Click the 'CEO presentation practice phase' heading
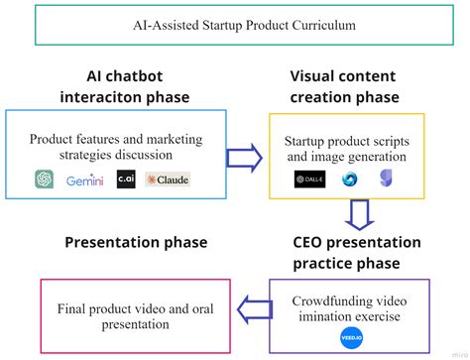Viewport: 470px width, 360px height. tap(355, 252)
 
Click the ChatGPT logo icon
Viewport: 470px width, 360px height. tap(44, 180)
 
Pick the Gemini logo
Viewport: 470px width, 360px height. tap(85, 180)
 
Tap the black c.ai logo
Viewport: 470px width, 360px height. tap(125, 180)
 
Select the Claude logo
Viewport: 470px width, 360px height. tap(167, 180)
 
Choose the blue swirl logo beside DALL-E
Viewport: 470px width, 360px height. tap(350, 180)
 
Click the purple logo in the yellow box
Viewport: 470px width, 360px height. tap(386, 180)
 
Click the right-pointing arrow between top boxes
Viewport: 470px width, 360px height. tap(242, 157)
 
